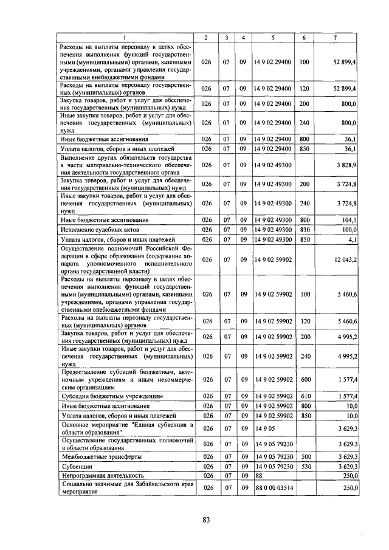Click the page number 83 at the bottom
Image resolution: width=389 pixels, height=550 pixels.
206,519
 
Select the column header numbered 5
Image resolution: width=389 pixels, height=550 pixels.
273,38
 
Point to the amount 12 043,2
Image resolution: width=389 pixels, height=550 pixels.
345,260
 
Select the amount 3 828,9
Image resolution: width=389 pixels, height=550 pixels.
346,165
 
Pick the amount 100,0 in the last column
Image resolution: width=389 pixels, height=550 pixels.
348,230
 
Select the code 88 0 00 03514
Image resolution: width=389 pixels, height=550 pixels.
279,487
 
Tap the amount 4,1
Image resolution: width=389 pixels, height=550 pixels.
352,240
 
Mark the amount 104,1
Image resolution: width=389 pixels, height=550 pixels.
348,220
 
